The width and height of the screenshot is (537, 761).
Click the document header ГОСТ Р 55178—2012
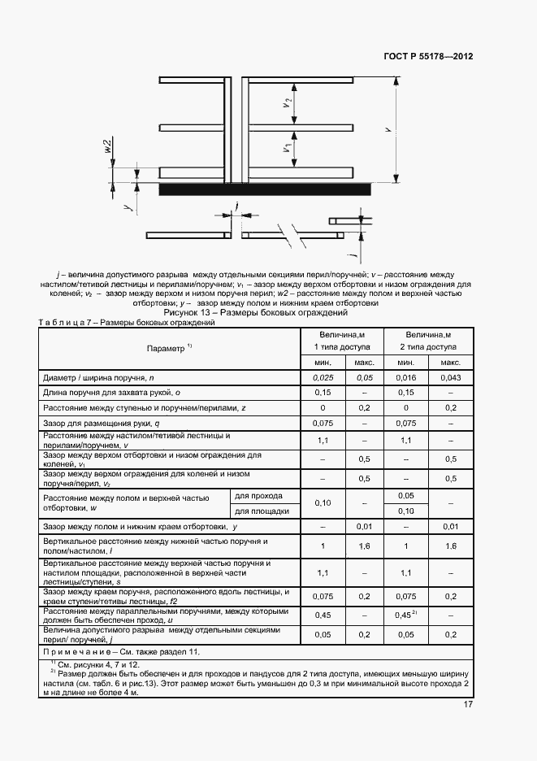click(x=427, y=57)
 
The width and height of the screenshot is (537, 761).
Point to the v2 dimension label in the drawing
click(x=288, y=103)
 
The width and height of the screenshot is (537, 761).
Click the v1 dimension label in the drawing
click(x=288, y=149)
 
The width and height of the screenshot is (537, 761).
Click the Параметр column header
click(x=169, y=348)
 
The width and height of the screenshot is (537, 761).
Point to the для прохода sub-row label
click(x=258, y=495)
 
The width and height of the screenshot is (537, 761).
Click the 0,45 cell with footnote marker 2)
click(x=407, y=615)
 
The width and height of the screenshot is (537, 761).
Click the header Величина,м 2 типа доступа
click(x=428, y=341)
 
